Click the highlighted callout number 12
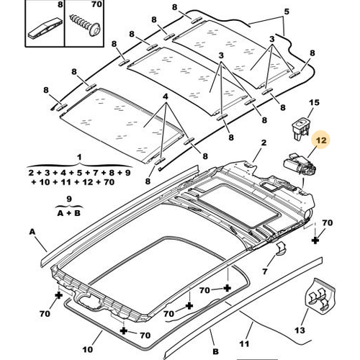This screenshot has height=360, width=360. (x=321, y=140)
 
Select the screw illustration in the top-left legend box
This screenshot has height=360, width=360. (x=85, y=25)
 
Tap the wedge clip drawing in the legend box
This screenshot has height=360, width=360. (x=46, y=28)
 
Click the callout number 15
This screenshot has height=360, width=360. (x=314, y=103)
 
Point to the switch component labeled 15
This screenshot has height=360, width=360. (x=301, y=127)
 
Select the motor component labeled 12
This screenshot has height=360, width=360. (x=300, y=165)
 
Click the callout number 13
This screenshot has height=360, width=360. (x=300, y=330)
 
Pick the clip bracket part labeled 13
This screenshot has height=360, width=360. (x=320, y=295)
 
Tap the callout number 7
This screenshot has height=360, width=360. (x=264, y=271)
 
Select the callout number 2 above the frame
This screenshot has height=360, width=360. (x=264, y=143)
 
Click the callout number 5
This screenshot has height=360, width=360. (x=287, y=12)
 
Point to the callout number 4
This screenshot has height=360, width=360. (x=166, y=97)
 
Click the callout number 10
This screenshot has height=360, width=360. (x=87, y=349)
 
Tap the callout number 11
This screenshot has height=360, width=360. (x=244, y=344)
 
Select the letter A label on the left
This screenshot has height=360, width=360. (x=32, y=232)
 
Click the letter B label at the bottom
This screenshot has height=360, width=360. (x=216, y=352)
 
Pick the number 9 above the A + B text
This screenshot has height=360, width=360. (x=69, y=199)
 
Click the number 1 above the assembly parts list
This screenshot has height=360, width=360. (x=79, y=158)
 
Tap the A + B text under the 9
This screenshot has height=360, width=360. (x=69, y=213)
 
